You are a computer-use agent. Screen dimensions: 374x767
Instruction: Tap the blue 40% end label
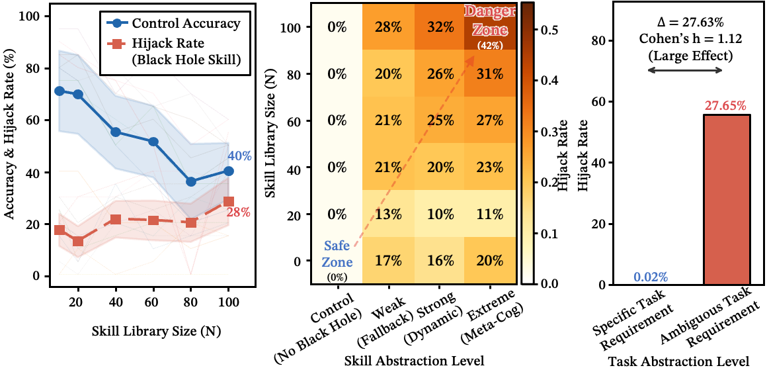pos(239,156)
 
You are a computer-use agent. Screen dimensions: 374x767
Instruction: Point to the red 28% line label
pos(239,212)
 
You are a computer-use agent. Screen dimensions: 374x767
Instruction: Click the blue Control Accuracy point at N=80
pos(191,181)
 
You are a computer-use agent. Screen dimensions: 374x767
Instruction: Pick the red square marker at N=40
pos(116,219)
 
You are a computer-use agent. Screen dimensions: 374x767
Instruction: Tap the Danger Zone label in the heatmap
pos(491,21)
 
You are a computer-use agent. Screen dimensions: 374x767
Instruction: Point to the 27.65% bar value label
pos(717,106)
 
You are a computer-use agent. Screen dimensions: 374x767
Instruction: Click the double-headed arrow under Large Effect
pos(684,70)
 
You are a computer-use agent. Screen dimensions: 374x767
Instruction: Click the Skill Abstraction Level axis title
pos(414,361)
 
